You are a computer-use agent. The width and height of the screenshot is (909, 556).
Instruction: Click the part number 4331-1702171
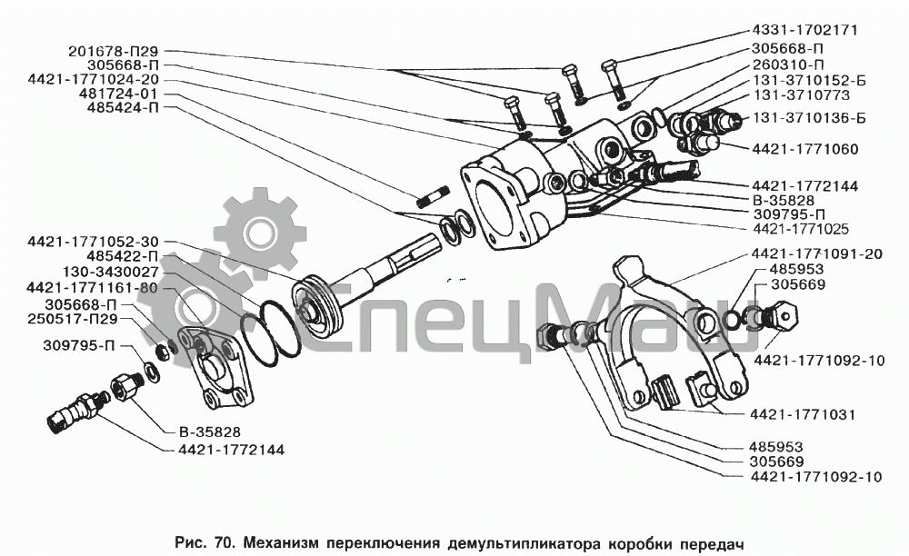pyautogui.click(x=804, y=30)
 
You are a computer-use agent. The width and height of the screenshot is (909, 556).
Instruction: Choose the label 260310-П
pyautogui.click(x=788, y=65)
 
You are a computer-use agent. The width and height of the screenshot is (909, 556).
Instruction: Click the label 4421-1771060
pyautogui.click(x=804, y=148)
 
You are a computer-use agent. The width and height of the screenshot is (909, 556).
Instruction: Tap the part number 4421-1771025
pyautogui.click(x=804, y=228)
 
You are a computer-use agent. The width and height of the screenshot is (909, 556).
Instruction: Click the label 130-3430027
pyautogui.click(x=111, y=272)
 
